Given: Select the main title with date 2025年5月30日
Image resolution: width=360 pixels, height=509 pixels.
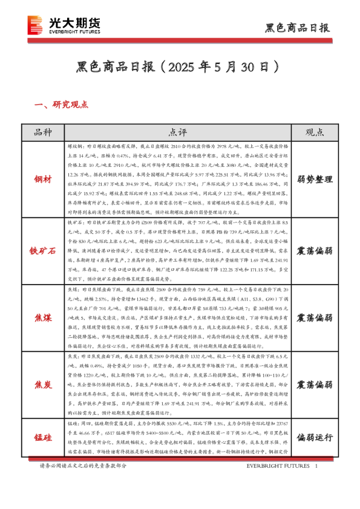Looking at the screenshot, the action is pos(180,65).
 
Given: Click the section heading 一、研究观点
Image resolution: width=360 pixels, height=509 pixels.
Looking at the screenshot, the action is pos(62,105).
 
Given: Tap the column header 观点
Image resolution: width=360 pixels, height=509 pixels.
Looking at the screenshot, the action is pos(314,132).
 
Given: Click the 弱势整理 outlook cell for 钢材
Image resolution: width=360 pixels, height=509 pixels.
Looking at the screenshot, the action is pos(314,179).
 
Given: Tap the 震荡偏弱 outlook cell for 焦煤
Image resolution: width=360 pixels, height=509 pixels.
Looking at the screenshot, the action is pos(314,317).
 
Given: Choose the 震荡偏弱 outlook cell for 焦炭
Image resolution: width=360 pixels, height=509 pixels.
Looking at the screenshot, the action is pos(314,384).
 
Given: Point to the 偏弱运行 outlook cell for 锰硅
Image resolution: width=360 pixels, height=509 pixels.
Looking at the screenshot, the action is pos(314,436).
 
